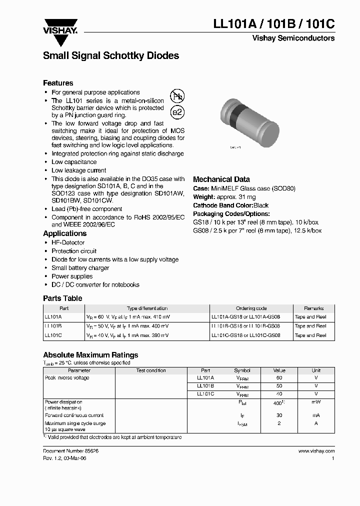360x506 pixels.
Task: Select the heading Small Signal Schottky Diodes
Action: [x=111, y=56]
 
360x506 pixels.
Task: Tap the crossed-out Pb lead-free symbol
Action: [x=177, y=96]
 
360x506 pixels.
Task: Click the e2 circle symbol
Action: [x=177, y=112]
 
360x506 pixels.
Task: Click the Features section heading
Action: [x=58, y=83]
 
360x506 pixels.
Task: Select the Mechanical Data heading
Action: [x=221, y=179]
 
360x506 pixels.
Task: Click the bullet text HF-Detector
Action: [x=68, y=242]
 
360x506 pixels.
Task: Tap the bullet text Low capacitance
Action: [x=74, y=162]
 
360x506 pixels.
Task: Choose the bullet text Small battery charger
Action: [x=80, y=268]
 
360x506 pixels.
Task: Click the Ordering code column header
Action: [x=251, y=308]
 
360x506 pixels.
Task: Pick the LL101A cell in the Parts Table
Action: [x=53, y=317]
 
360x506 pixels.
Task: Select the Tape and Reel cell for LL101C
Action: [x=310, y=335]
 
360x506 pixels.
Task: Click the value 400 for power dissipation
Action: [x=278, y=403]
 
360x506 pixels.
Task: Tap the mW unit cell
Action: [x=316, y=402]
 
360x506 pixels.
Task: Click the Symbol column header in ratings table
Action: [x=242, y=370]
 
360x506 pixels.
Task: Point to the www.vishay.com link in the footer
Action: [x=316, y=450]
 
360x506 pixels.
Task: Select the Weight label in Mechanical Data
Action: [x=203, y=197]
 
